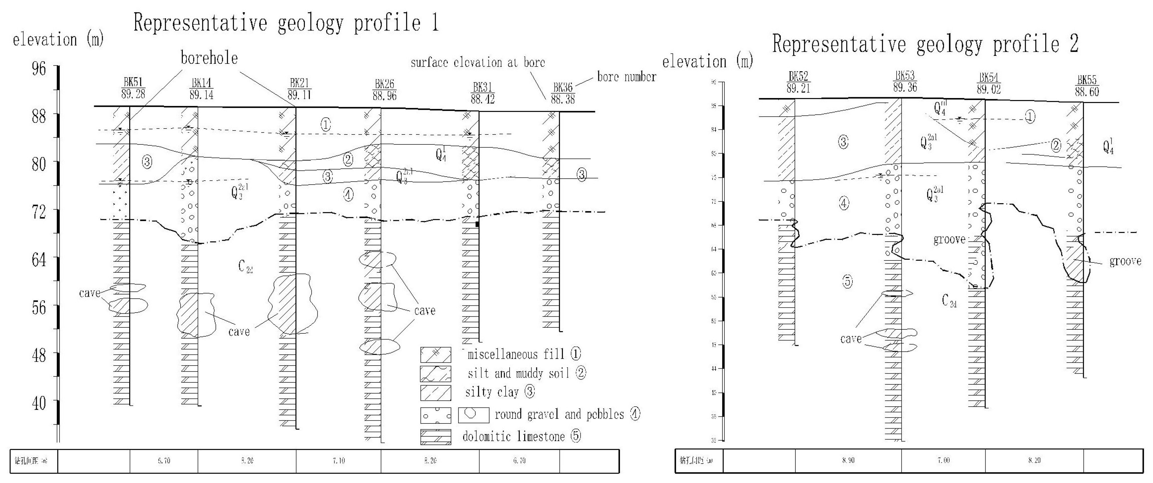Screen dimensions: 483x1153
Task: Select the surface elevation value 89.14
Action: click(201, 95)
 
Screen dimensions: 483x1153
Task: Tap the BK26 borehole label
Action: click(384, 84)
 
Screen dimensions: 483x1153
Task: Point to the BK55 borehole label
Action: click(1087, 80)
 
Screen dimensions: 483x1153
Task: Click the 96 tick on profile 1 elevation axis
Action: click(38, 68)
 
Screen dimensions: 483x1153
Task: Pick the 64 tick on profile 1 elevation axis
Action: click(38, 259)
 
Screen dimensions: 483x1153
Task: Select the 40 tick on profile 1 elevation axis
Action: click(38, 403)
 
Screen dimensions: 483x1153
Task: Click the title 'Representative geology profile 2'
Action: click(925, 44)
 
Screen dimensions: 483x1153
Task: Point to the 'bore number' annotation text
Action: click(627, 77)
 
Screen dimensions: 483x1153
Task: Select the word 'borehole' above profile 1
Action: click(209, 58)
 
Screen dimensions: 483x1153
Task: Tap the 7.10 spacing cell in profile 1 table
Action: click(339, 461)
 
